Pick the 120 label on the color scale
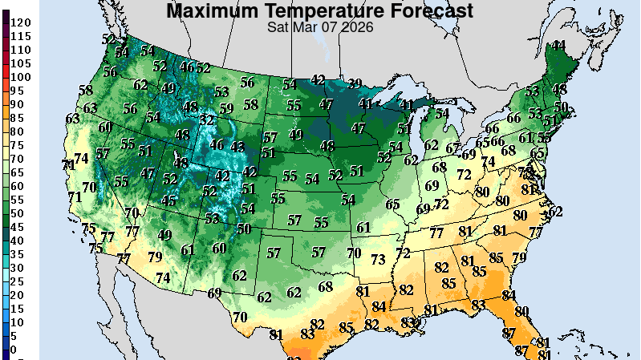(21, 22)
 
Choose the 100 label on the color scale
(21, 77)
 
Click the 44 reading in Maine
(558, 46)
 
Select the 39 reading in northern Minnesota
(354, 83)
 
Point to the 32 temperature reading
(207, 119)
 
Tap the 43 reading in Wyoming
(237, 147)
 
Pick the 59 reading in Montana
(226, 108)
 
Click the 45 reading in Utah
(168, 201)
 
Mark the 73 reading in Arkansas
(378, 260)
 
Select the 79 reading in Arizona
(156, 257)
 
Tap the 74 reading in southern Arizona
(163, 277)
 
